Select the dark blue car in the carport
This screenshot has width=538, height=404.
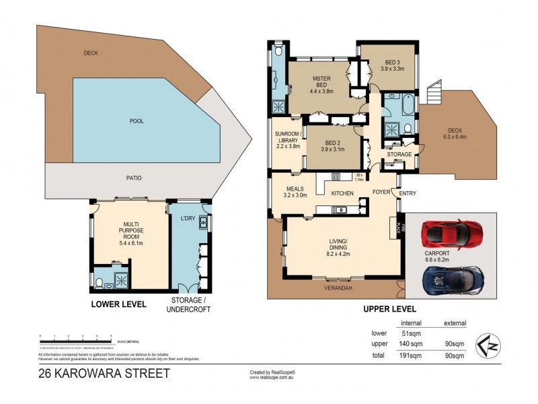[453, 278]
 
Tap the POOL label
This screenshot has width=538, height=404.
[137, 121]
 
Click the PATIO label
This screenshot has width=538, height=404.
[132, 178]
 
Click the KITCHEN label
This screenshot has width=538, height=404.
[342, 194]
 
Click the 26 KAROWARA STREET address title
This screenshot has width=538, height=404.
[104, 372]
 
